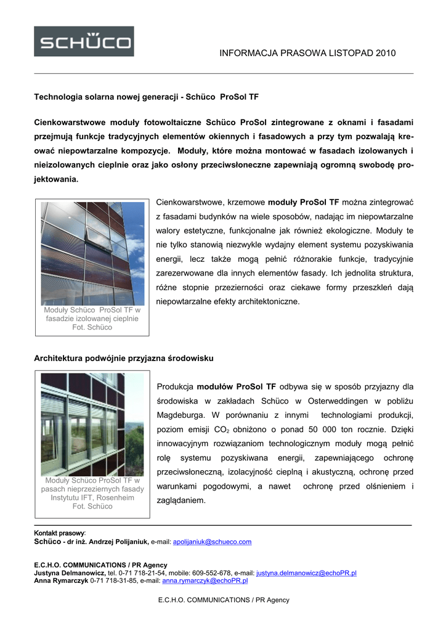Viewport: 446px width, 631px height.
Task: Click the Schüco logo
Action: tap(84, 41)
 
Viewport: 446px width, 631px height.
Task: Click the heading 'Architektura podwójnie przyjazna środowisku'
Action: tap(124, 358)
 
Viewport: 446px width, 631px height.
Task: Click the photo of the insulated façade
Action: tap(92, 253)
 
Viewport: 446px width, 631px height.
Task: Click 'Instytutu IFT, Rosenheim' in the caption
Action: tap(92, 497)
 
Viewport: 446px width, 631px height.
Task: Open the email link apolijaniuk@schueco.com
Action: tap(213, 542)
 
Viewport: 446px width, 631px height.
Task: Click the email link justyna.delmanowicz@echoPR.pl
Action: tap(306, 573)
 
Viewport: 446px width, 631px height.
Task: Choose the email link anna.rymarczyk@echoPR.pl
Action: tap(205, 580)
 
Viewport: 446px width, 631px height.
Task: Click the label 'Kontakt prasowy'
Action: tap(59, 533)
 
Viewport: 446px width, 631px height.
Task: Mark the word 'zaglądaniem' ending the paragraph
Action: tap(180, 501)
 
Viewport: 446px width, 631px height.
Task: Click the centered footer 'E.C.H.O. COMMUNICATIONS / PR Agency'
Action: tap(224, 600)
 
